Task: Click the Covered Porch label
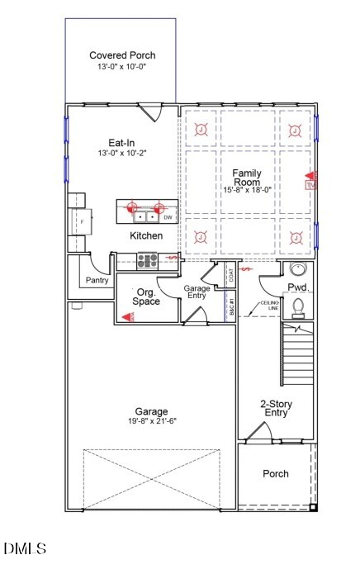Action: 122,55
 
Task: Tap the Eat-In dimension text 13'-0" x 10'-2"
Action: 122,153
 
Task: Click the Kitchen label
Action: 146,236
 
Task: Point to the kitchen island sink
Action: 146,217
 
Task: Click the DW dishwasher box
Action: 168,218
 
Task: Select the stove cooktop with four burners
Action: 149,260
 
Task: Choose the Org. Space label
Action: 147,296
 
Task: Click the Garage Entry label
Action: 197,292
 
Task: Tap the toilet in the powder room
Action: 299,307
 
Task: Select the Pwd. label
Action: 297,287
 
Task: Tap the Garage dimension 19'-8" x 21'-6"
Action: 151,420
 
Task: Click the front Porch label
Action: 276,474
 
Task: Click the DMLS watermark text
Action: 25,548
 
